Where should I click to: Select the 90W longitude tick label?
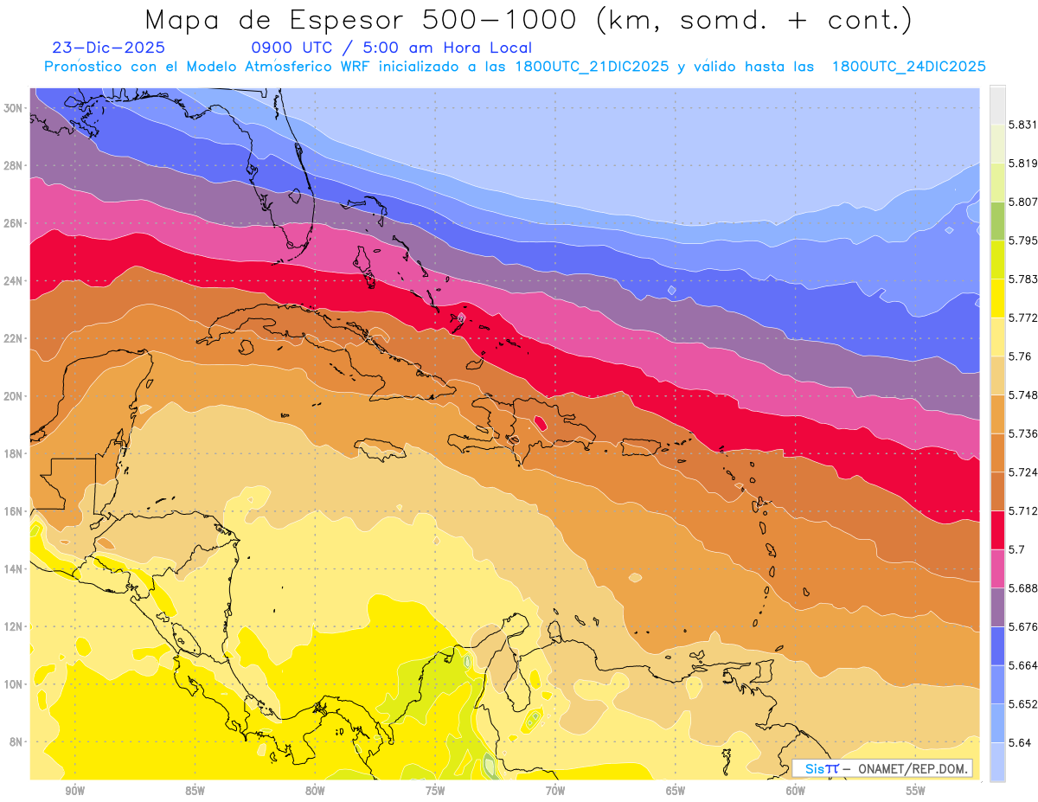pos(74,791)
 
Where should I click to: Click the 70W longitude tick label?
pos(555,791)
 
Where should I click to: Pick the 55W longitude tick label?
pos(916,791)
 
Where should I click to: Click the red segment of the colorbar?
pos(997,530)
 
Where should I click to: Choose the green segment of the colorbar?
pos(997,221)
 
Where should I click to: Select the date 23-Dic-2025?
pos(108,48)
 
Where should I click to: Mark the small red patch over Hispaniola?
pos(541,423)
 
